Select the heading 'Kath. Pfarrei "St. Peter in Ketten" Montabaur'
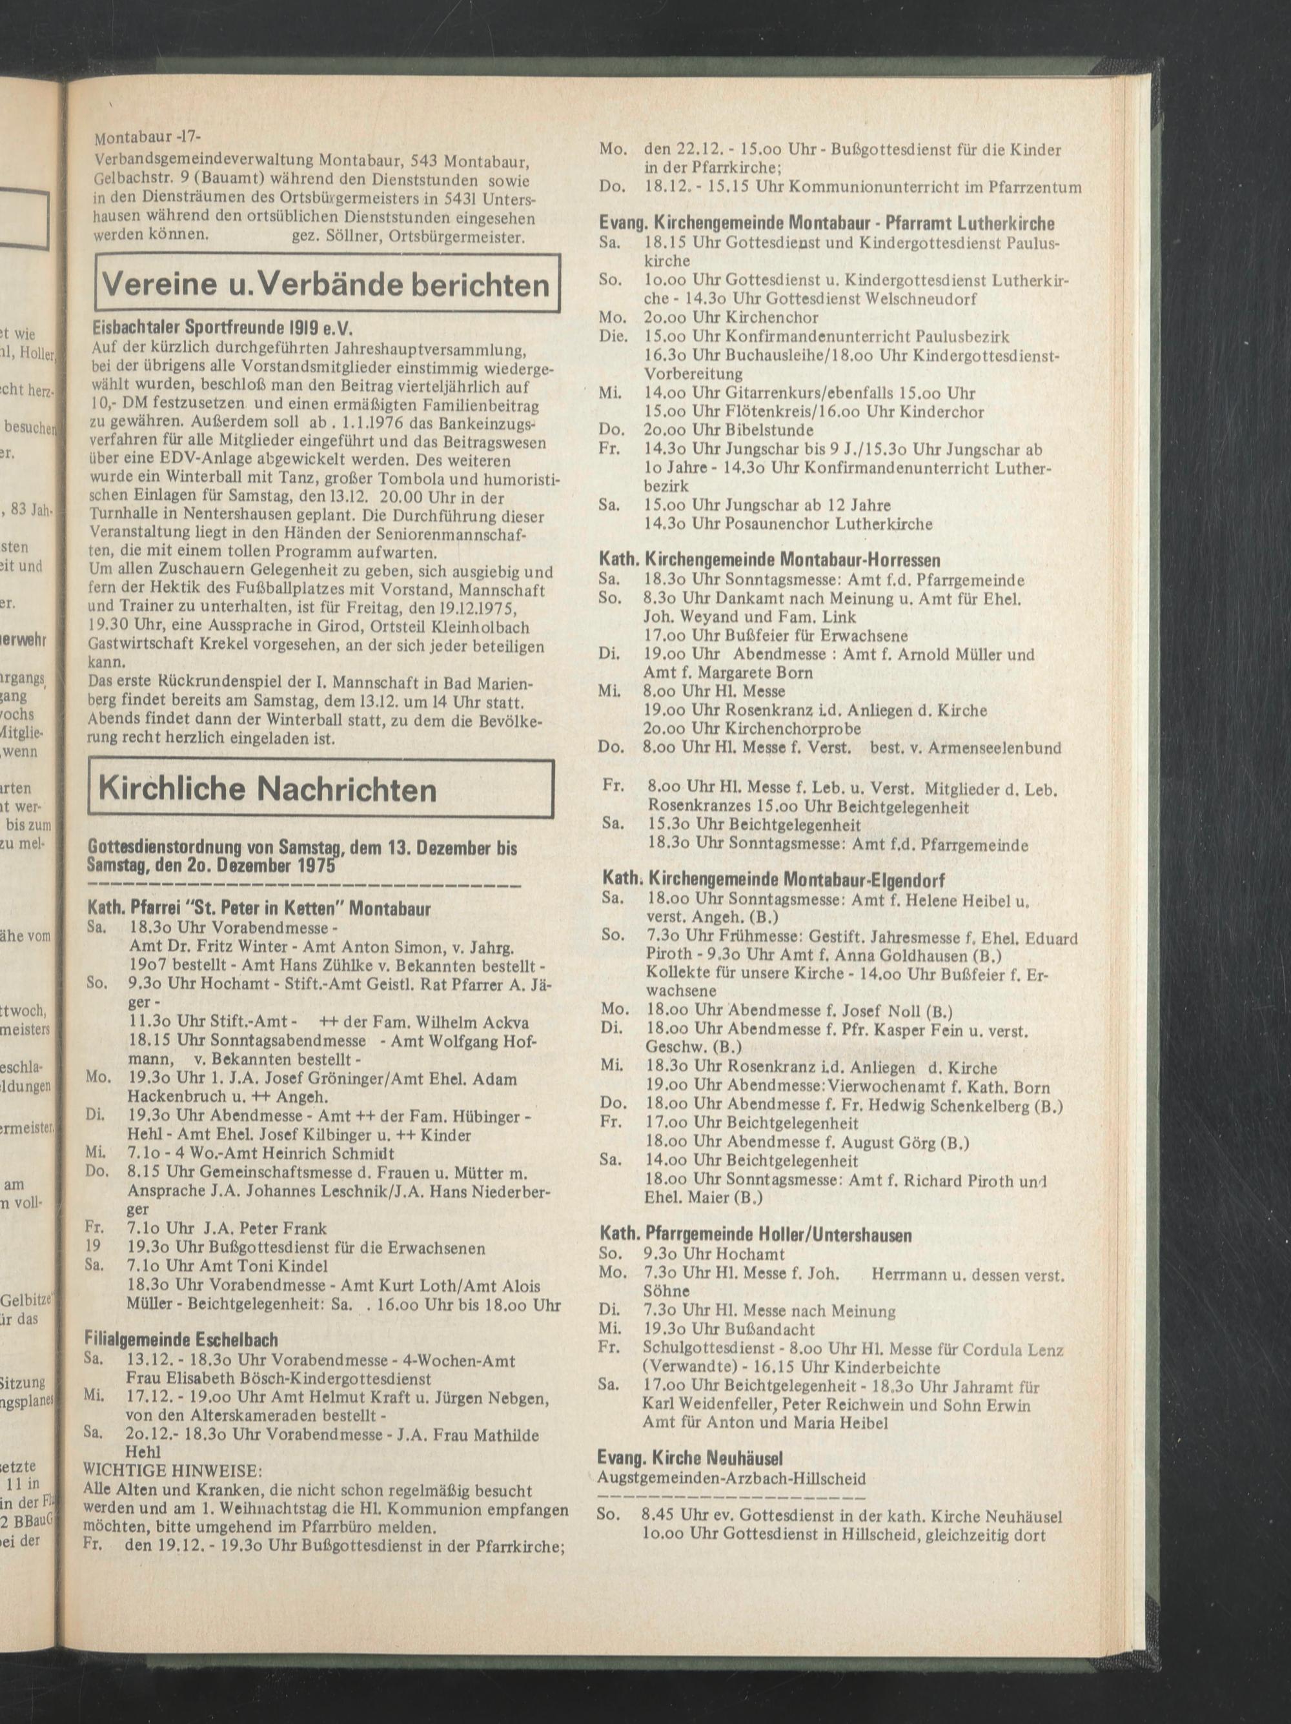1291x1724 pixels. click(259, 908)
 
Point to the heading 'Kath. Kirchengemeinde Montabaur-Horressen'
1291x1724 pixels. click(769, 560)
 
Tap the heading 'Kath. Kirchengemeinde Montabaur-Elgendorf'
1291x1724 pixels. click(773, 880)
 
